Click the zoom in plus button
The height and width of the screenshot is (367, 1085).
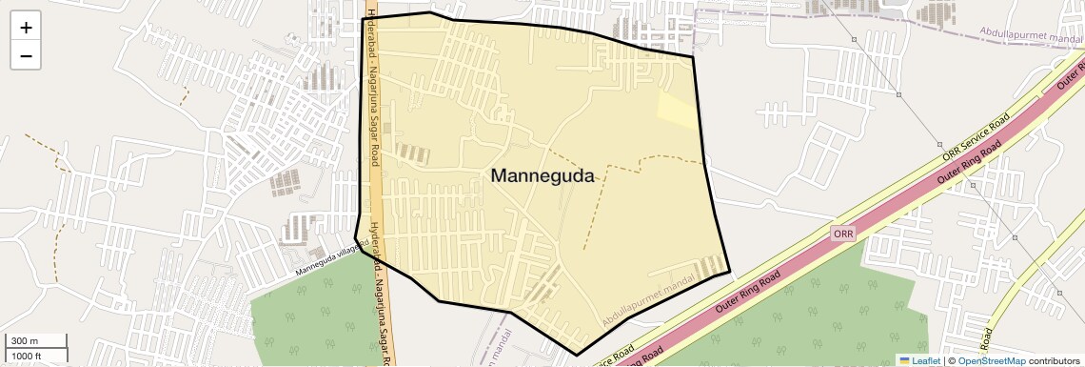(x=26, y=28)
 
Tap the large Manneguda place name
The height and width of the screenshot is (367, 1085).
(x=542, y=176)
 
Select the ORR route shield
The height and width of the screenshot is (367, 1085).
(x=843, y=234)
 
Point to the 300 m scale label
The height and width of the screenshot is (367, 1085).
(x=25, y=341)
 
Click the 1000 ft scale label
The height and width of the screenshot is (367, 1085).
(x=27, y=356)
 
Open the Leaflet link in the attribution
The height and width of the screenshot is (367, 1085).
(x=926, y=361)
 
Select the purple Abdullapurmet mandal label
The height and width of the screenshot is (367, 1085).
(x=1033, y=38)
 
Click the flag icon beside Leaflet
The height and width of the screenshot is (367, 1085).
(x=904, y=361)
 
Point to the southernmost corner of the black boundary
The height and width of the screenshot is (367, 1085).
(x=577, y=356)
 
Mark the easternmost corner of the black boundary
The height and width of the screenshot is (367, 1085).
(x=730, y=273)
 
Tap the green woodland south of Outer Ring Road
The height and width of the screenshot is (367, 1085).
(x=809, y=315)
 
